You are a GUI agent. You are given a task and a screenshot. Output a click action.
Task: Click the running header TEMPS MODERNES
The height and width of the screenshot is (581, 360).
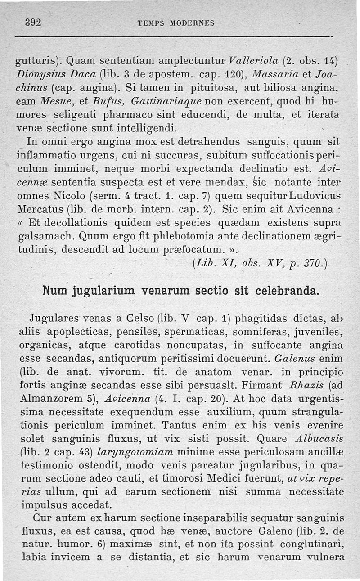[176, 23]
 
